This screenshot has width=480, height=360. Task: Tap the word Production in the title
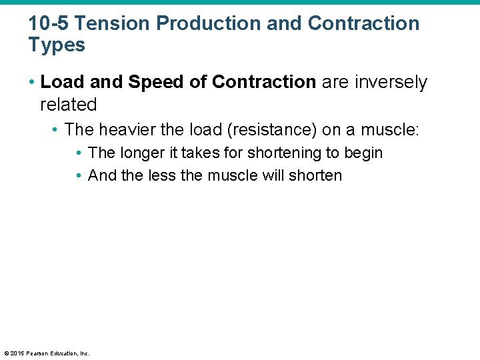pos(209,23)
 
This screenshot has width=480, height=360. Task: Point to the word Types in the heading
pos(57,45)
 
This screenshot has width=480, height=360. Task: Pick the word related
pos(69,105)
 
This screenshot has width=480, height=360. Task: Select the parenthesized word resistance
pos(267,129)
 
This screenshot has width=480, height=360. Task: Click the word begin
pos(363,153)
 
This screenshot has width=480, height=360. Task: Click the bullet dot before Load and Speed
pos(33,83)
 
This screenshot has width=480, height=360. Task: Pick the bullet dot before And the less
pos(79,176)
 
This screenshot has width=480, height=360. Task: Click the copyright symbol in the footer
pos(7,353)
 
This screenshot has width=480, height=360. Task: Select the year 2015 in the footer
pos(17,353)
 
